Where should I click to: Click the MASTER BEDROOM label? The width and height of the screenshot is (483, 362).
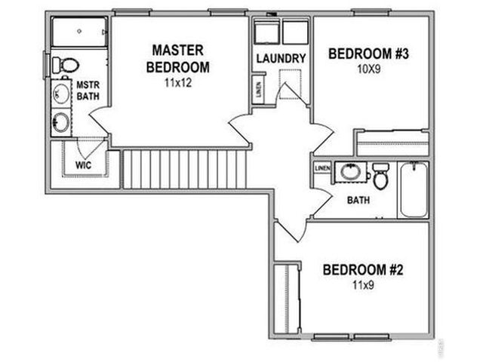(177, 58)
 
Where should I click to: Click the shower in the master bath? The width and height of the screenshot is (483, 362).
(79, 33)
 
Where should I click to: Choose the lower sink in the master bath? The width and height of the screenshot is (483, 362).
(61, 121)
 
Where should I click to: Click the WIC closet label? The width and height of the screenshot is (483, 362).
(83, 164)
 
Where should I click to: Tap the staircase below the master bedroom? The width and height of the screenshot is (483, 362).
(185, 169)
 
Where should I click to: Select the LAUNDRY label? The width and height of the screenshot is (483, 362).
(280, 59)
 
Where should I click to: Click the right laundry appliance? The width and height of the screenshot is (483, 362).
(295, 33)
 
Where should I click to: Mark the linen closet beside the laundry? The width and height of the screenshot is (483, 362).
(258, 90)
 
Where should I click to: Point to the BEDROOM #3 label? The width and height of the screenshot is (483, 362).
(368, 54)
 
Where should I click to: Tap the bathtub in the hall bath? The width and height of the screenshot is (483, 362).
(413, 189)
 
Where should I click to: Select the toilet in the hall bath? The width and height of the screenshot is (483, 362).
(380, 177)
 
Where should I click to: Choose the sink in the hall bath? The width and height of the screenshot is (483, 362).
(350, 172)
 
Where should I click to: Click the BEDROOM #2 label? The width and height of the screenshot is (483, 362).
(363, 269)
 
